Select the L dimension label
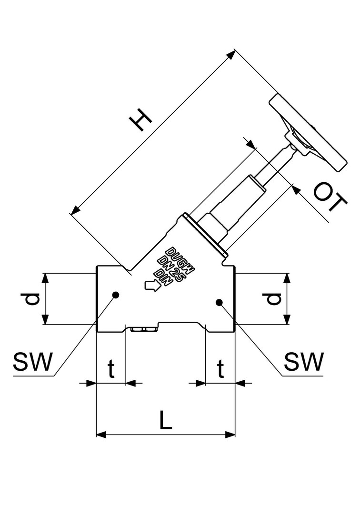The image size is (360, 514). [165, 421]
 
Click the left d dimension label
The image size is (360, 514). [31, 299]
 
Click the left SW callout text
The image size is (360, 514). [32, 363]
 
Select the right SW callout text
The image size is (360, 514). [303, 363]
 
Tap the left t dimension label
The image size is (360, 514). [111, 369]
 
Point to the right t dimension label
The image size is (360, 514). [220, 369]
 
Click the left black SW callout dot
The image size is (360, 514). [115, 295]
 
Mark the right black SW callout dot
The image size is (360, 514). [219, 302]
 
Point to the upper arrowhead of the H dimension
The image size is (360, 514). [231, 54]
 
